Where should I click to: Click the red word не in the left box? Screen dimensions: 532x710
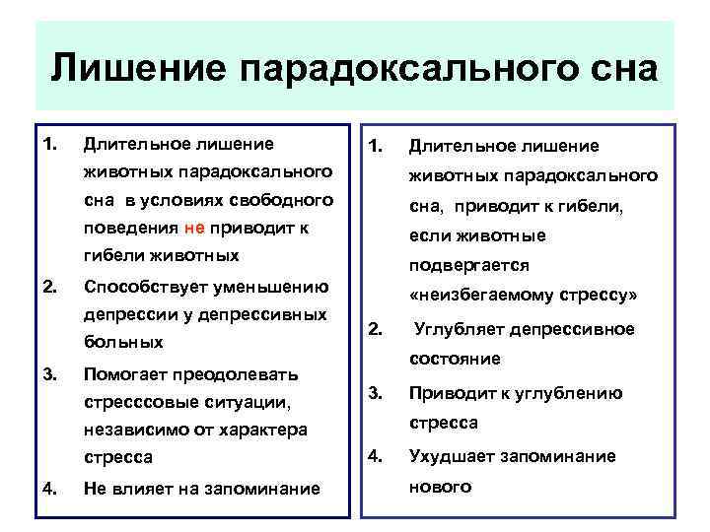point(194,228)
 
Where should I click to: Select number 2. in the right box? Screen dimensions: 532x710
point(374,329)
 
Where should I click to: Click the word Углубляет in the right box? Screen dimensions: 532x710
point(460,329)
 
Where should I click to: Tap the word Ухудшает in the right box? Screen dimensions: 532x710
point(453,456)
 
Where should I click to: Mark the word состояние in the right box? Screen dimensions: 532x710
point(456,359)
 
